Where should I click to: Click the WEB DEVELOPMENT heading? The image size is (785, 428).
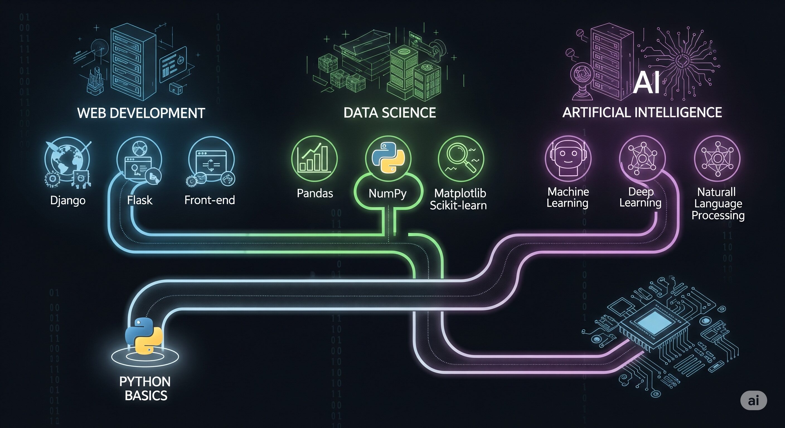[141, 113]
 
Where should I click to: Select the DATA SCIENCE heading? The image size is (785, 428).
[390, 113]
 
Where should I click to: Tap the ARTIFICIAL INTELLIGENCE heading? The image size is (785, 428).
[642, 112]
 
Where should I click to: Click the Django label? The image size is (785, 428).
[68, 200]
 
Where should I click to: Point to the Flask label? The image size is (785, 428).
[140, 200]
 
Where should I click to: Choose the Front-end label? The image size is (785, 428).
[210, 200]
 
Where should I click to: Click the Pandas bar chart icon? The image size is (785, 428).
[314, 159]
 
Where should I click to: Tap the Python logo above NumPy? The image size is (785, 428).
[388, 158]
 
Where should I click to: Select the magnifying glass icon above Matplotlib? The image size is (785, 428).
[461, 159]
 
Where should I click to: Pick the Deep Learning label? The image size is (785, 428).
[640, 197]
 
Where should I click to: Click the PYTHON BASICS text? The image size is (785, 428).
[145, 388]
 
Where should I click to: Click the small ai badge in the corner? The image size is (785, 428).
[753, 400]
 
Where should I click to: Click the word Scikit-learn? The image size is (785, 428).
[458, 206]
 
